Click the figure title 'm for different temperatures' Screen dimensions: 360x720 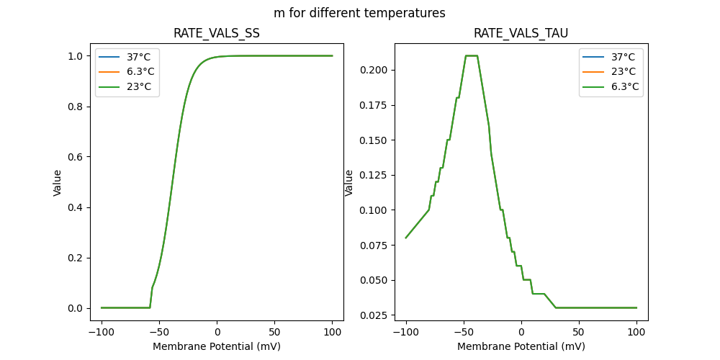[x=359, y=13]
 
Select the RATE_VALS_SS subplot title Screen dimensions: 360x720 [x=217, y=34]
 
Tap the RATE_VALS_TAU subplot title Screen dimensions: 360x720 [x=521, y=34]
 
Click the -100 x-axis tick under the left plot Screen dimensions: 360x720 [x=102, y=333]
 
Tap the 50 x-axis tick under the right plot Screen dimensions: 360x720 [x=579, y=333]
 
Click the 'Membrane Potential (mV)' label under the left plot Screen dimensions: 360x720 [x=217, y=346]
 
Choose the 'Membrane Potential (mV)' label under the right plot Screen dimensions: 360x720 [x=521, y=346]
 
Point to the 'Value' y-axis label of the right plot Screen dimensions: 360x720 [x=349, y=182]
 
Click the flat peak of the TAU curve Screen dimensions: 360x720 [x=472, y=55]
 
